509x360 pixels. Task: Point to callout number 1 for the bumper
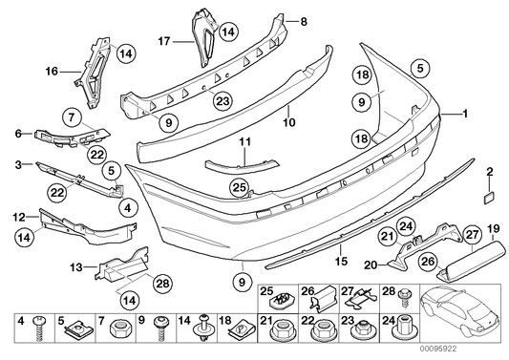pos(467,114)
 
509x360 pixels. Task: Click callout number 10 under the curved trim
pos(288,121)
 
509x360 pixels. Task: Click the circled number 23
pos(223,100)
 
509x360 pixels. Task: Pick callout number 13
pos(78,267)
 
